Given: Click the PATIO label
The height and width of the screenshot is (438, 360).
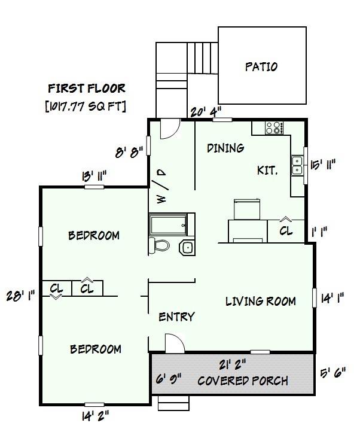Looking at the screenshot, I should pyautogui.click(x=261, y=66).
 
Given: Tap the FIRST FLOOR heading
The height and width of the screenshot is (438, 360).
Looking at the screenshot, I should pyautogui.click(x=87, y=89).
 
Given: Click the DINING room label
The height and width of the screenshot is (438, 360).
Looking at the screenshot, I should pyautogui.click(x=225, y=148).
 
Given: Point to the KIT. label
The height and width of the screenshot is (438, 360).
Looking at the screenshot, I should pyautogui.click(x=267, y=171).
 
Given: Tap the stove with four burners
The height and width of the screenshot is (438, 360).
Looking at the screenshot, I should pyautogui.click(x=274, y=127).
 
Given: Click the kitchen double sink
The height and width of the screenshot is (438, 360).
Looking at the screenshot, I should pyautogui.click(x=297, y=165).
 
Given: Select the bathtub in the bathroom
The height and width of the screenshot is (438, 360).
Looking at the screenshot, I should pyautogui.click(x=171, y=225).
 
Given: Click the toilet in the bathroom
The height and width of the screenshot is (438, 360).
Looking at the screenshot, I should pyautogui.click(x=160, y=245).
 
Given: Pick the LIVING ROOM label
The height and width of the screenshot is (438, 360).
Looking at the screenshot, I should pyautogui.click(x=261, y=301).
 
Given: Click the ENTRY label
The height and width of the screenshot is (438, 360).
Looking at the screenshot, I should pyautogui.click(x=176, y=317).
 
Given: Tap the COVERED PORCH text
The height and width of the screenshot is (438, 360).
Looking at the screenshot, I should pyautogui.click(x=242, y=381).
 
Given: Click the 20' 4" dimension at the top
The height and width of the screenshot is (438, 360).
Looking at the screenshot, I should pyautogui.click(x=206, y=111).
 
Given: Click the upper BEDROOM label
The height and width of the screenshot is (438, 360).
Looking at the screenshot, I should pyautogui.click(x=93, y=235).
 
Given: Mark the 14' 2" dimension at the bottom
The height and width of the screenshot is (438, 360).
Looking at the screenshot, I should pyautogui.click(x=94, y=413).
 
